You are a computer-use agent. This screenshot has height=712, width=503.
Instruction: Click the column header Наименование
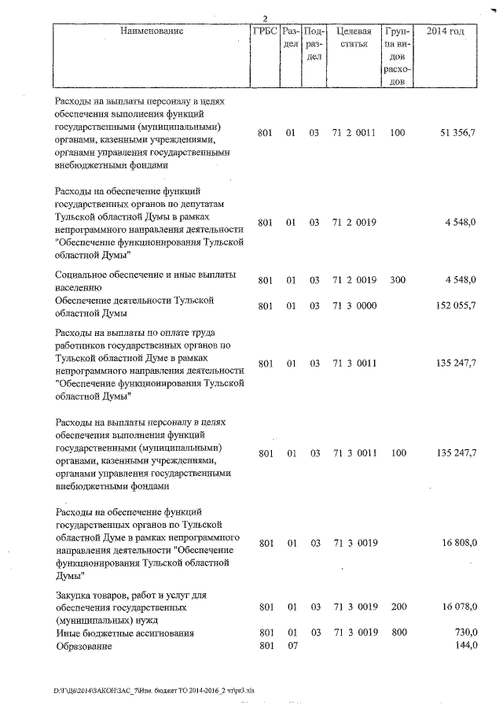click(152, 31)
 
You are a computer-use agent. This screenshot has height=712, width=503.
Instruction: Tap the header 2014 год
click(444, 31)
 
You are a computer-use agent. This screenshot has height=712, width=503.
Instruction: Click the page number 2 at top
click(265, 18)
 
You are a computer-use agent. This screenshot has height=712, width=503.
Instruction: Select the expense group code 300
click(397, 280)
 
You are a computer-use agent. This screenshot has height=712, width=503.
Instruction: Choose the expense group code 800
click(397, 633)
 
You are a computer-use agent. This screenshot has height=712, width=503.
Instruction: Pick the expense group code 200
click(397, 607)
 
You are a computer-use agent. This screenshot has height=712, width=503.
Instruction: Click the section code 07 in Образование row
click(290, 646)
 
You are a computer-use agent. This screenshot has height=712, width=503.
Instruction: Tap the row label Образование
click(83, 646)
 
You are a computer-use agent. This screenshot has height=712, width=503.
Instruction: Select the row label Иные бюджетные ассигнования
click(123, 633)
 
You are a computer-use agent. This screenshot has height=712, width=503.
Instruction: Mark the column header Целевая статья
click(353, 37)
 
